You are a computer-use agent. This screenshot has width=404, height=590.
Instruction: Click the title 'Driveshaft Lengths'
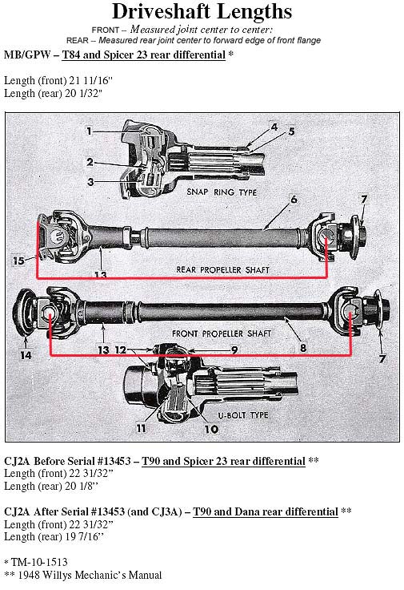tap(202, 12)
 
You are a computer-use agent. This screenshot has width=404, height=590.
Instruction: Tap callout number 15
tap(18, 260)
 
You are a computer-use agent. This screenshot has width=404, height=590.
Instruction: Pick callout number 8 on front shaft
tap(302, 348)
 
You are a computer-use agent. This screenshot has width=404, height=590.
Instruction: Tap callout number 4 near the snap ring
tap(274, 127)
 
